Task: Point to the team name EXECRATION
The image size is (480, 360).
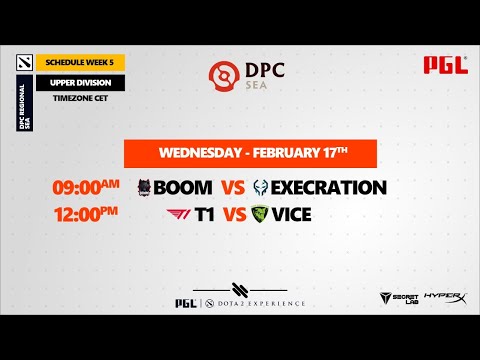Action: click(x=328, y=187)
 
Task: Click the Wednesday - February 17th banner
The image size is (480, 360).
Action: click(x=249, y=154)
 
